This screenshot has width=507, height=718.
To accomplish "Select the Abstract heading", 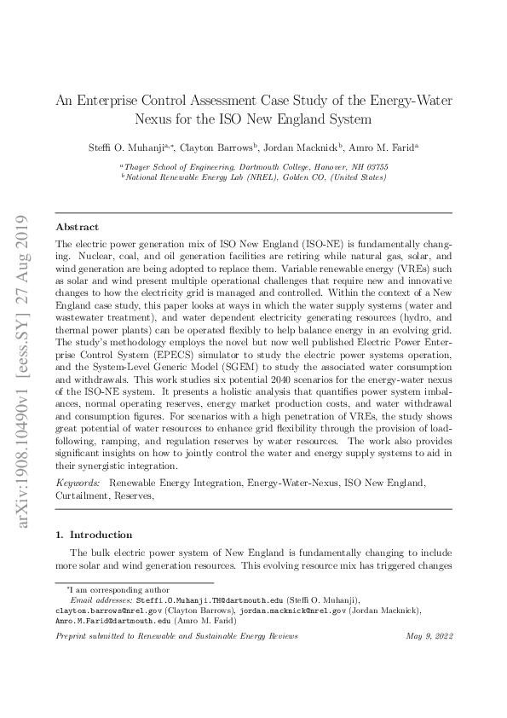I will tap(77, 228).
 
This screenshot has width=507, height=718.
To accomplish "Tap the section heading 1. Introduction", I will tap(94, 535).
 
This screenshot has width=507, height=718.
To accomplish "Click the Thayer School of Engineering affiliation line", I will tap(255, 167).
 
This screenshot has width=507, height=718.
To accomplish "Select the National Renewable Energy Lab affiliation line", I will tap(255, 177).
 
